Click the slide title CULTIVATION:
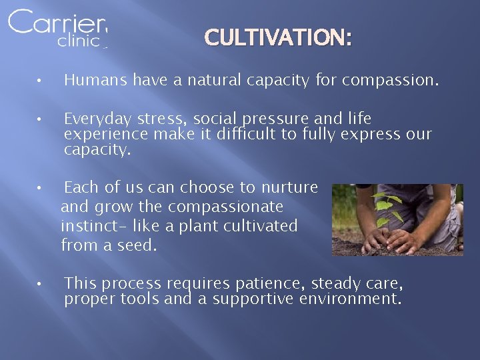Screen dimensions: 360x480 click(278, 38)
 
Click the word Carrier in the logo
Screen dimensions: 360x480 click(57, 23)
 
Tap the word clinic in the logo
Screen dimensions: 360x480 click(79, 41)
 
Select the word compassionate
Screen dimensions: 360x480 click(225, 207)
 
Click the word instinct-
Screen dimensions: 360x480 click(88, 226)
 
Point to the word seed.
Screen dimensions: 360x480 click(137, 245)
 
